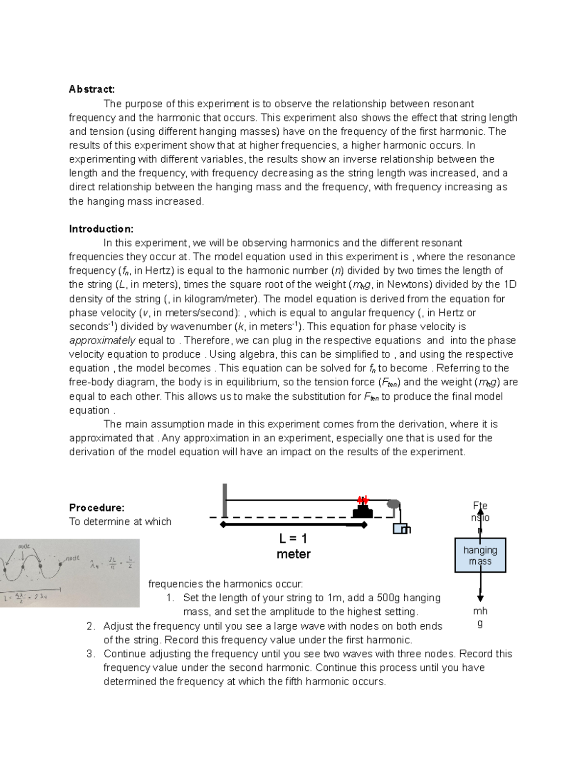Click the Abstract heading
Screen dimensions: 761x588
click(x=92, y=89)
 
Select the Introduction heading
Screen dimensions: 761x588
click(x=101, y=229)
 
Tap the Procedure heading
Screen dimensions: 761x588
click(x=97, y=508)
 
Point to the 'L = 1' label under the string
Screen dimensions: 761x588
click(x=293, y=539)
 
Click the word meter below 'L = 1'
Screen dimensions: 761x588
click(x=293, y=554)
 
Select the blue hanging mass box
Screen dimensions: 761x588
click(x=480, y=555)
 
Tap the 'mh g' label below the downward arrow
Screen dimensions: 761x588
click(x=480, y=617)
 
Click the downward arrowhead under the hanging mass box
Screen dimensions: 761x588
click(x=480, y=598)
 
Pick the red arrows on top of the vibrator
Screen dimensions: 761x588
click(x=363, y=500)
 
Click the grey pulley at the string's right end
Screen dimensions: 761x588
click(x=393, y=503)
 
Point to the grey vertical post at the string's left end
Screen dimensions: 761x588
click(x=224, y=500)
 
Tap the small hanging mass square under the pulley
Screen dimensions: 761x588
click(x=400, y=529)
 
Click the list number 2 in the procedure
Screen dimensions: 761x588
click(x=90, y=626)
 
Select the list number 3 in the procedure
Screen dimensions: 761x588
click(x=90, y=654)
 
